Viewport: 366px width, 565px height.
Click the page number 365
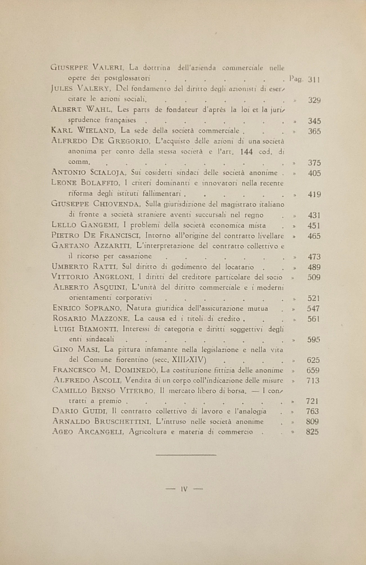coord(314,131)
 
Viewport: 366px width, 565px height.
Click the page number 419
coord(314,194)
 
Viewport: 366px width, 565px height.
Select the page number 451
coord(314,226)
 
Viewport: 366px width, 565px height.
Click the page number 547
coord(313,309)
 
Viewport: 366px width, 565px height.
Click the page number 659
coord(313,370)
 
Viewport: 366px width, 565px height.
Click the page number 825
coord(312,432)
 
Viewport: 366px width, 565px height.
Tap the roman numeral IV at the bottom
coord(184,489)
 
